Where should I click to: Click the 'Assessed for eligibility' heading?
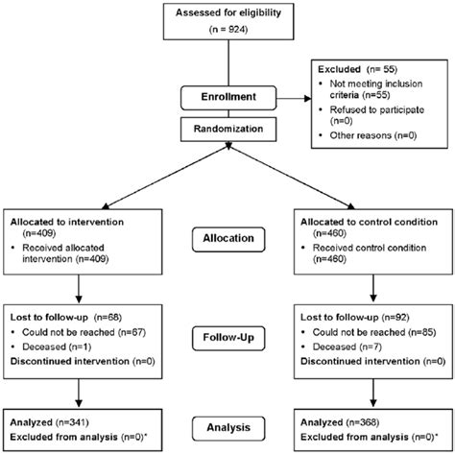[227, 11]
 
